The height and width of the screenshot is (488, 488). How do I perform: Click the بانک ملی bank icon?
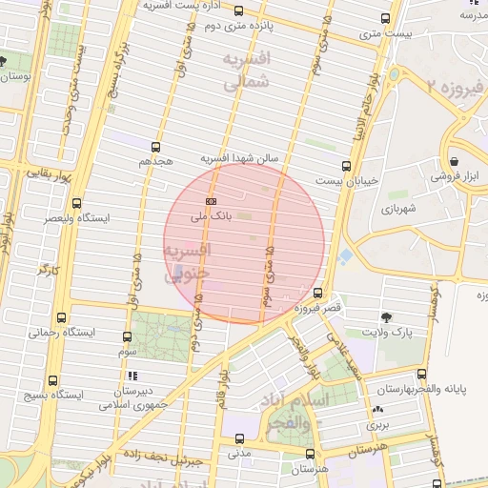tap(211, 200)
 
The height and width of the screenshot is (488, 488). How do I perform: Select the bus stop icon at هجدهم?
tap(156, 147)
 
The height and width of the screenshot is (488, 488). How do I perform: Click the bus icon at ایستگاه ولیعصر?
tap(76, 203)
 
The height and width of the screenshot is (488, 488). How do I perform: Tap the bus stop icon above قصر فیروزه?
tap(317, 293)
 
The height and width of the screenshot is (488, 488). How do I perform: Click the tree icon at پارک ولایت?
tap(386, 316)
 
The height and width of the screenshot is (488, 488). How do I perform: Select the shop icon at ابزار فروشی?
tap(454, 161)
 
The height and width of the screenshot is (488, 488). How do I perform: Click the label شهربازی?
tap(400, 208)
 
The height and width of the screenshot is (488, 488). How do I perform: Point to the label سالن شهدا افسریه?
tap(239, 158)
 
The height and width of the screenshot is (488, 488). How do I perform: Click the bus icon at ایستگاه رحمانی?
tap(62, 317)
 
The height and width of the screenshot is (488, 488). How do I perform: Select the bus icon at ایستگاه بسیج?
tap(52, 378)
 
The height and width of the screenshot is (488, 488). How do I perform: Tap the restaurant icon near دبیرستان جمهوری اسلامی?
tap(132, 376)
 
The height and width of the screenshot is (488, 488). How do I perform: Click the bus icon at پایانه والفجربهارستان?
tap(422, 375)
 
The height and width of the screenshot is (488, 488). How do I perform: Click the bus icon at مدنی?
tap(238, 439)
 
